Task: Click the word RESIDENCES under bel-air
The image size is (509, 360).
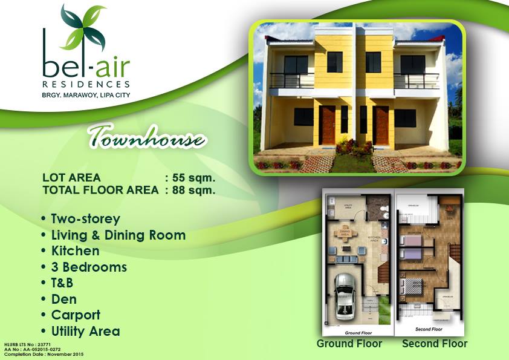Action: tap(86, 83)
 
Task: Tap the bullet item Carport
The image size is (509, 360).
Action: tap(75, 315)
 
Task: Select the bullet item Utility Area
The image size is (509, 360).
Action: tap(85, 332)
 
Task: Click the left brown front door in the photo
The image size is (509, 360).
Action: tap(328, 125)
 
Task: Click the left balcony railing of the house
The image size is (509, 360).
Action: tap(291, 80)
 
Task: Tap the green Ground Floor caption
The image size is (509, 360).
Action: tap(349, 344)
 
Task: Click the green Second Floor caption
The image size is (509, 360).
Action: tap(434, 344)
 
